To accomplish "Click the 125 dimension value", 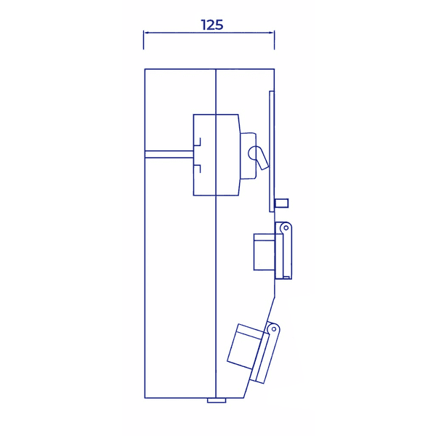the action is coord(212,25).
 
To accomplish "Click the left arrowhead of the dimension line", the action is coord(146,33).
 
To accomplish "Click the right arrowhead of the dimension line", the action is coord(272,33).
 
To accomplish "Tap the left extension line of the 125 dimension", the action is coord(143,40).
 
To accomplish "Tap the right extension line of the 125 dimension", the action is coord(275,40).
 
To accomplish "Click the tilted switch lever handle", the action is coord(262,158).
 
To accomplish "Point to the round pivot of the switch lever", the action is coord(254,153).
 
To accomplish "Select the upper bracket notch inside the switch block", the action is coord(198,142).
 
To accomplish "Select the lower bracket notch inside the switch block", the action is coord(198,169).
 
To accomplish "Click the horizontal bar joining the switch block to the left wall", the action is coord(169,154).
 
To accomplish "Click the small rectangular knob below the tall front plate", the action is coord(281,203).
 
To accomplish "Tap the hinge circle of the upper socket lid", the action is coord(286,228).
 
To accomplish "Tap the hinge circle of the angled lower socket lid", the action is coord(274,329).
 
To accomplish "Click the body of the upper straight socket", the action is coord(265,252).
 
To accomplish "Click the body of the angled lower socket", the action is coord(246,347).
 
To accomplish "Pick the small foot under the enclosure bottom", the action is coord(217,400).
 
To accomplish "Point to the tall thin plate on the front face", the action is coord(272,152).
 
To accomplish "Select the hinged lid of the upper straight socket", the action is coord(283,251).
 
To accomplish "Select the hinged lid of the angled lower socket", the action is coord(265,353).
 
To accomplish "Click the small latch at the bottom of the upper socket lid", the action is coord(286,278).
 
